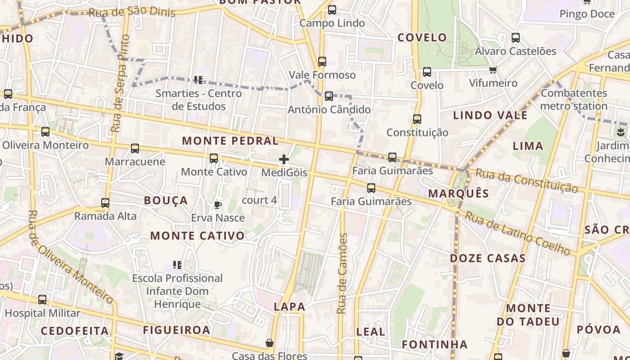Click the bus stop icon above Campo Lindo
332,9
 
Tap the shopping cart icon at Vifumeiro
493,70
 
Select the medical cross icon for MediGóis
284,159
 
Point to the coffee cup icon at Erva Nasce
218,205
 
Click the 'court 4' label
259,200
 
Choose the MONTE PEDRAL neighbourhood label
230,141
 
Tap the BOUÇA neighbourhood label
166,201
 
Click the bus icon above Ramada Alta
105,203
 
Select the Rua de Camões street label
343,274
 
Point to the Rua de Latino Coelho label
517,233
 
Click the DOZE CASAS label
488,258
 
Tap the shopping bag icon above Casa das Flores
270,343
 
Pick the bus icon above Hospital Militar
42,300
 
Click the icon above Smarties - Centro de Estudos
198,80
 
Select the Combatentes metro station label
574,100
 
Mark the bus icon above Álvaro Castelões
516,38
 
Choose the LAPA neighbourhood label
289,307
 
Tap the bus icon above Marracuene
135,148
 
